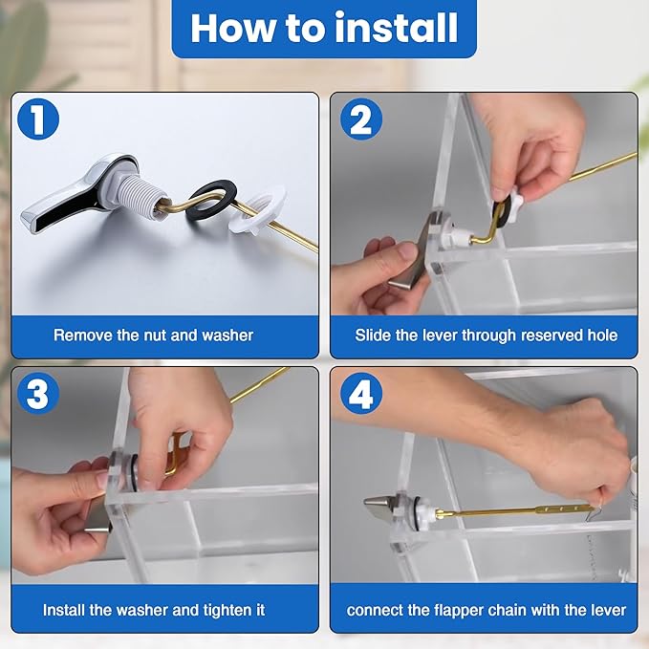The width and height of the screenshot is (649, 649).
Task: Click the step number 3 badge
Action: [x=37, y=396]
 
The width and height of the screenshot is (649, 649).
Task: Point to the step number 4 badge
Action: [x=361, y=396]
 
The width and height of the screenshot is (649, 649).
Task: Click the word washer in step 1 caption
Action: [x=228, y=335]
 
